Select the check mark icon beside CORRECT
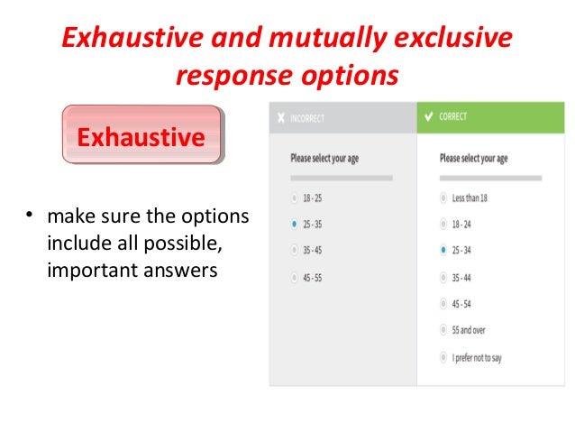click(x=428, y=117)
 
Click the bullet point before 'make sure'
click(x=29, y=217)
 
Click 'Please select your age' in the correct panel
click(x=473, y=159)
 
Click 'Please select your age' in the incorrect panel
click(x=324, y=159)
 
